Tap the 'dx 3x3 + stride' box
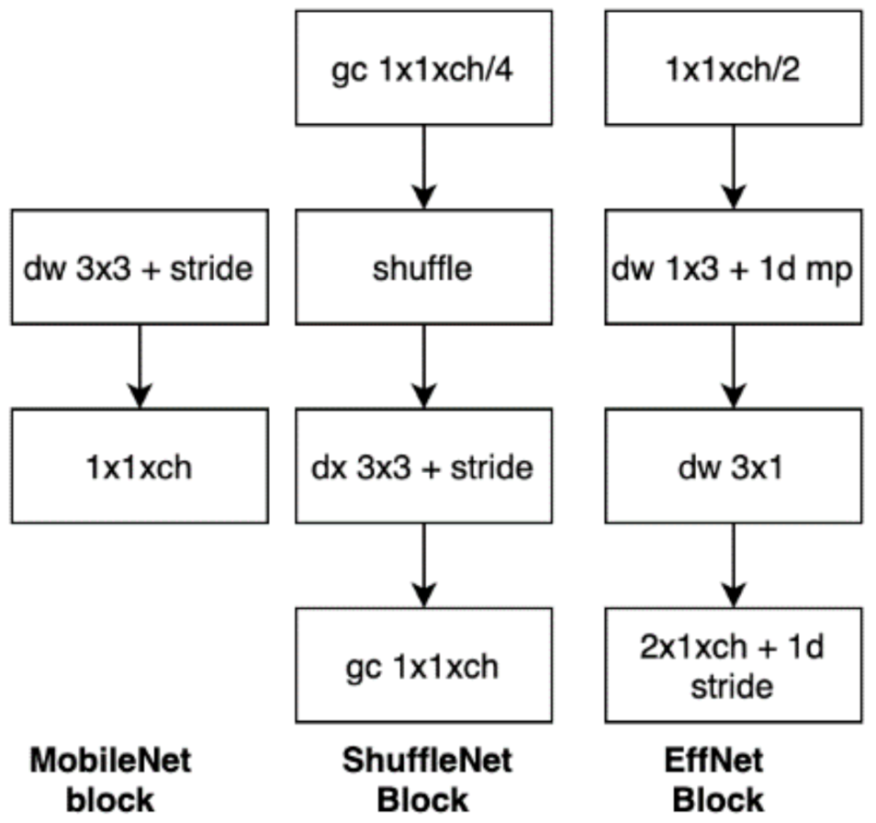pyautogui.click(x=424, y=467)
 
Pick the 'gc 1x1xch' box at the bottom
pyautogui.click(x=424, y=664)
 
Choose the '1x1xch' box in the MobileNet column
pyautogui.click(x=139, y=467)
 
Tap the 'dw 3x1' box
pyautogui.click(x=733, y=467)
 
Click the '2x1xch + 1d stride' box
pyautogui.click(x=733, y=664)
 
